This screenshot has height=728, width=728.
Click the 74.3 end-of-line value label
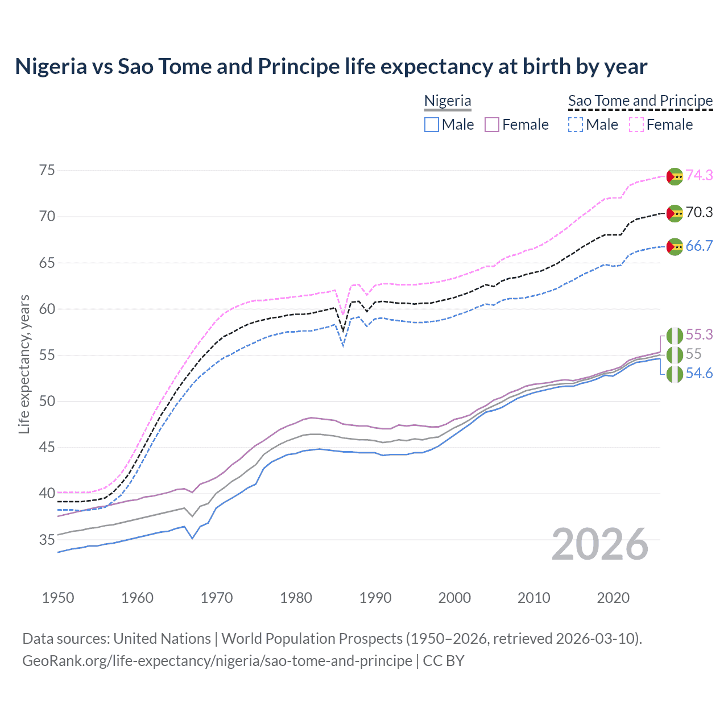699,175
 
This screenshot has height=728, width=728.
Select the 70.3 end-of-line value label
699,212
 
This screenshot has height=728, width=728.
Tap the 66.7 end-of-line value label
699,246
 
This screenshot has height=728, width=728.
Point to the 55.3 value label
699,334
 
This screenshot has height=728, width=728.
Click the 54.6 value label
699,373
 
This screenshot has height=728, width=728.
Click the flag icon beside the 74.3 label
675,176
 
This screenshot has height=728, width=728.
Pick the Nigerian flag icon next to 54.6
675,374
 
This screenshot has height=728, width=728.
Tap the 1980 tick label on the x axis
296,598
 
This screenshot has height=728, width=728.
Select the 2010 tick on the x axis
533,598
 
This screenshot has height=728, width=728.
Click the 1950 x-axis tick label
58,598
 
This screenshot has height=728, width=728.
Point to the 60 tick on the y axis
47,309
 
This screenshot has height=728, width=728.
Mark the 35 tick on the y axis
47,539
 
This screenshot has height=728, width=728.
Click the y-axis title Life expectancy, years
24,364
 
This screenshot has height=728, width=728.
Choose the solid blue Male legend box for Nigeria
432,125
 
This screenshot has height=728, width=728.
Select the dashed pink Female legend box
636,125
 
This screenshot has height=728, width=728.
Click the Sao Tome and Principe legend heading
640,101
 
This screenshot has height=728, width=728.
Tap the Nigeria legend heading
448,101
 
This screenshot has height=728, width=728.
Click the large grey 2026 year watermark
600,544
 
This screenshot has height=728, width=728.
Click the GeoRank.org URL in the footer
217,661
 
